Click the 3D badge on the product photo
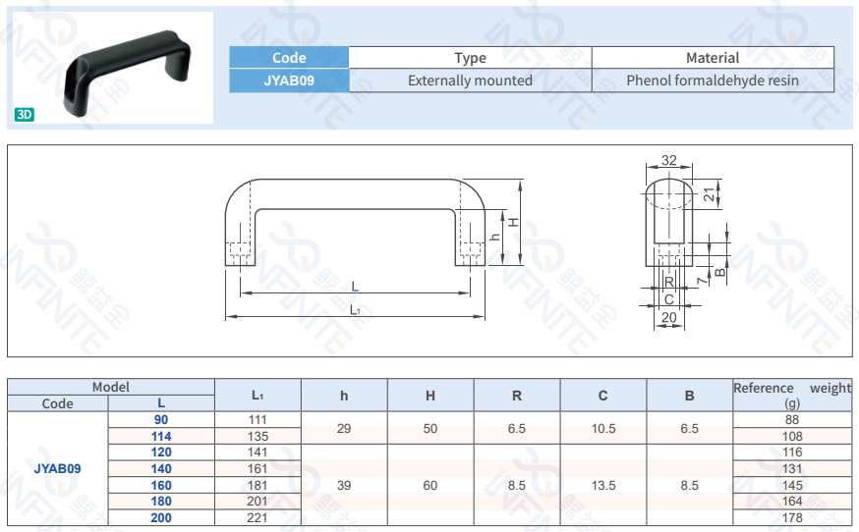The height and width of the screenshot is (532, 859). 25,114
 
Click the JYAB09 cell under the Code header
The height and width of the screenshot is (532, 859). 289,80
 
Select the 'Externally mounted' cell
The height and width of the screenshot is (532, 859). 470,80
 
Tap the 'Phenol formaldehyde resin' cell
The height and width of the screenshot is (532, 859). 713,80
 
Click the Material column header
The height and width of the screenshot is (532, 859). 713,58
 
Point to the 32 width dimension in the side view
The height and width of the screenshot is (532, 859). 669,160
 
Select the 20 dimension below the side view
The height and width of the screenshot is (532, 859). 668,317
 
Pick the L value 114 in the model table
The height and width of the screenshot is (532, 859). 161,436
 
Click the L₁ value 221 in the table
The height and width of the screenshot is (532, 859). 258,517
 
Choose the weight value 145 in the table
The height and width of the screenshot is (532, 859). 792,485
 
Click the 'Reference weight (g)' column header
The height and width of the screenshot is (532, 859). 792,395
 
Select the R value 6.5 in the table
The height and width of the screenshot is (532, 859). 517,428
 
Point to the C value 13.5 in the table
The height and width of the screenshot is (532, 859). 603,485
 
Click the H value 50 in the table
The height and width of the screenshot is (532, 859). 430,428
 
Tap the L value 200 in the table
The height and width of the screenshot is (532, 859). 161,517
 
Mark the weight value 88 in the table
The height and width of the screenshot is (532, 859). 792,420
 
